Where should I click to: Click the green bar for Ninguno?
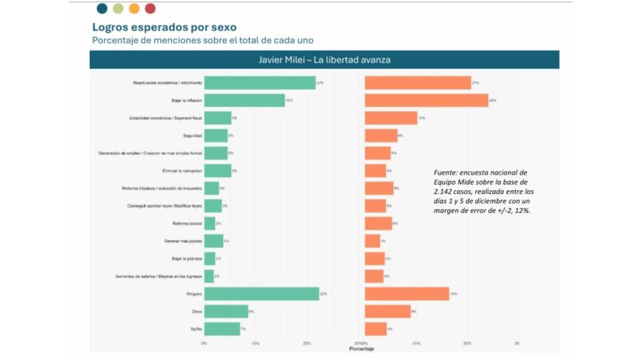[x=261, y=294]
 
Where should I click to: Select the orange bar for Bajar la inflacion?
[x=426, y=101]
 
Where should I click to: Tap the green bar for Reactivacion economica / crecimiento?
[x=260, y=83]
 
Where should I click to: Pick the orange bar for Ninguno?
[x=407, y=294]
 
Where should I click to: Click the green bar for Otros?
[x=226, y=311]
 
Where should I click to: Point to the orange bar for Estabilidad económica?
[x=390, y=118]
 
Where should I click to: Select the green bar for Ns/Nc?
[x=222, y=329]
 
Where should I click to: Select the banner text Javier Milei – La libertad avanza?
[x=324, y=60]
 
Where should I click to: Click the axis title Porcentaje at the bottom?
[x=361, y=349]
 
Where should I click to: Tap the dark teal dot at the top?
[x=102, y=9]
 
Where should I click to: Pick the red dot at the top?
[x=150, y=9]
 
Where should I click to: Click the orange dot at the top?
[x=134, y=9]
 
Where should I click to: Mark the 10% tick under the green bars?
[x=255, y=343]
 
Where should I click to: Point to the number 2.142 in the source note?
[x=444, y=192]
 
